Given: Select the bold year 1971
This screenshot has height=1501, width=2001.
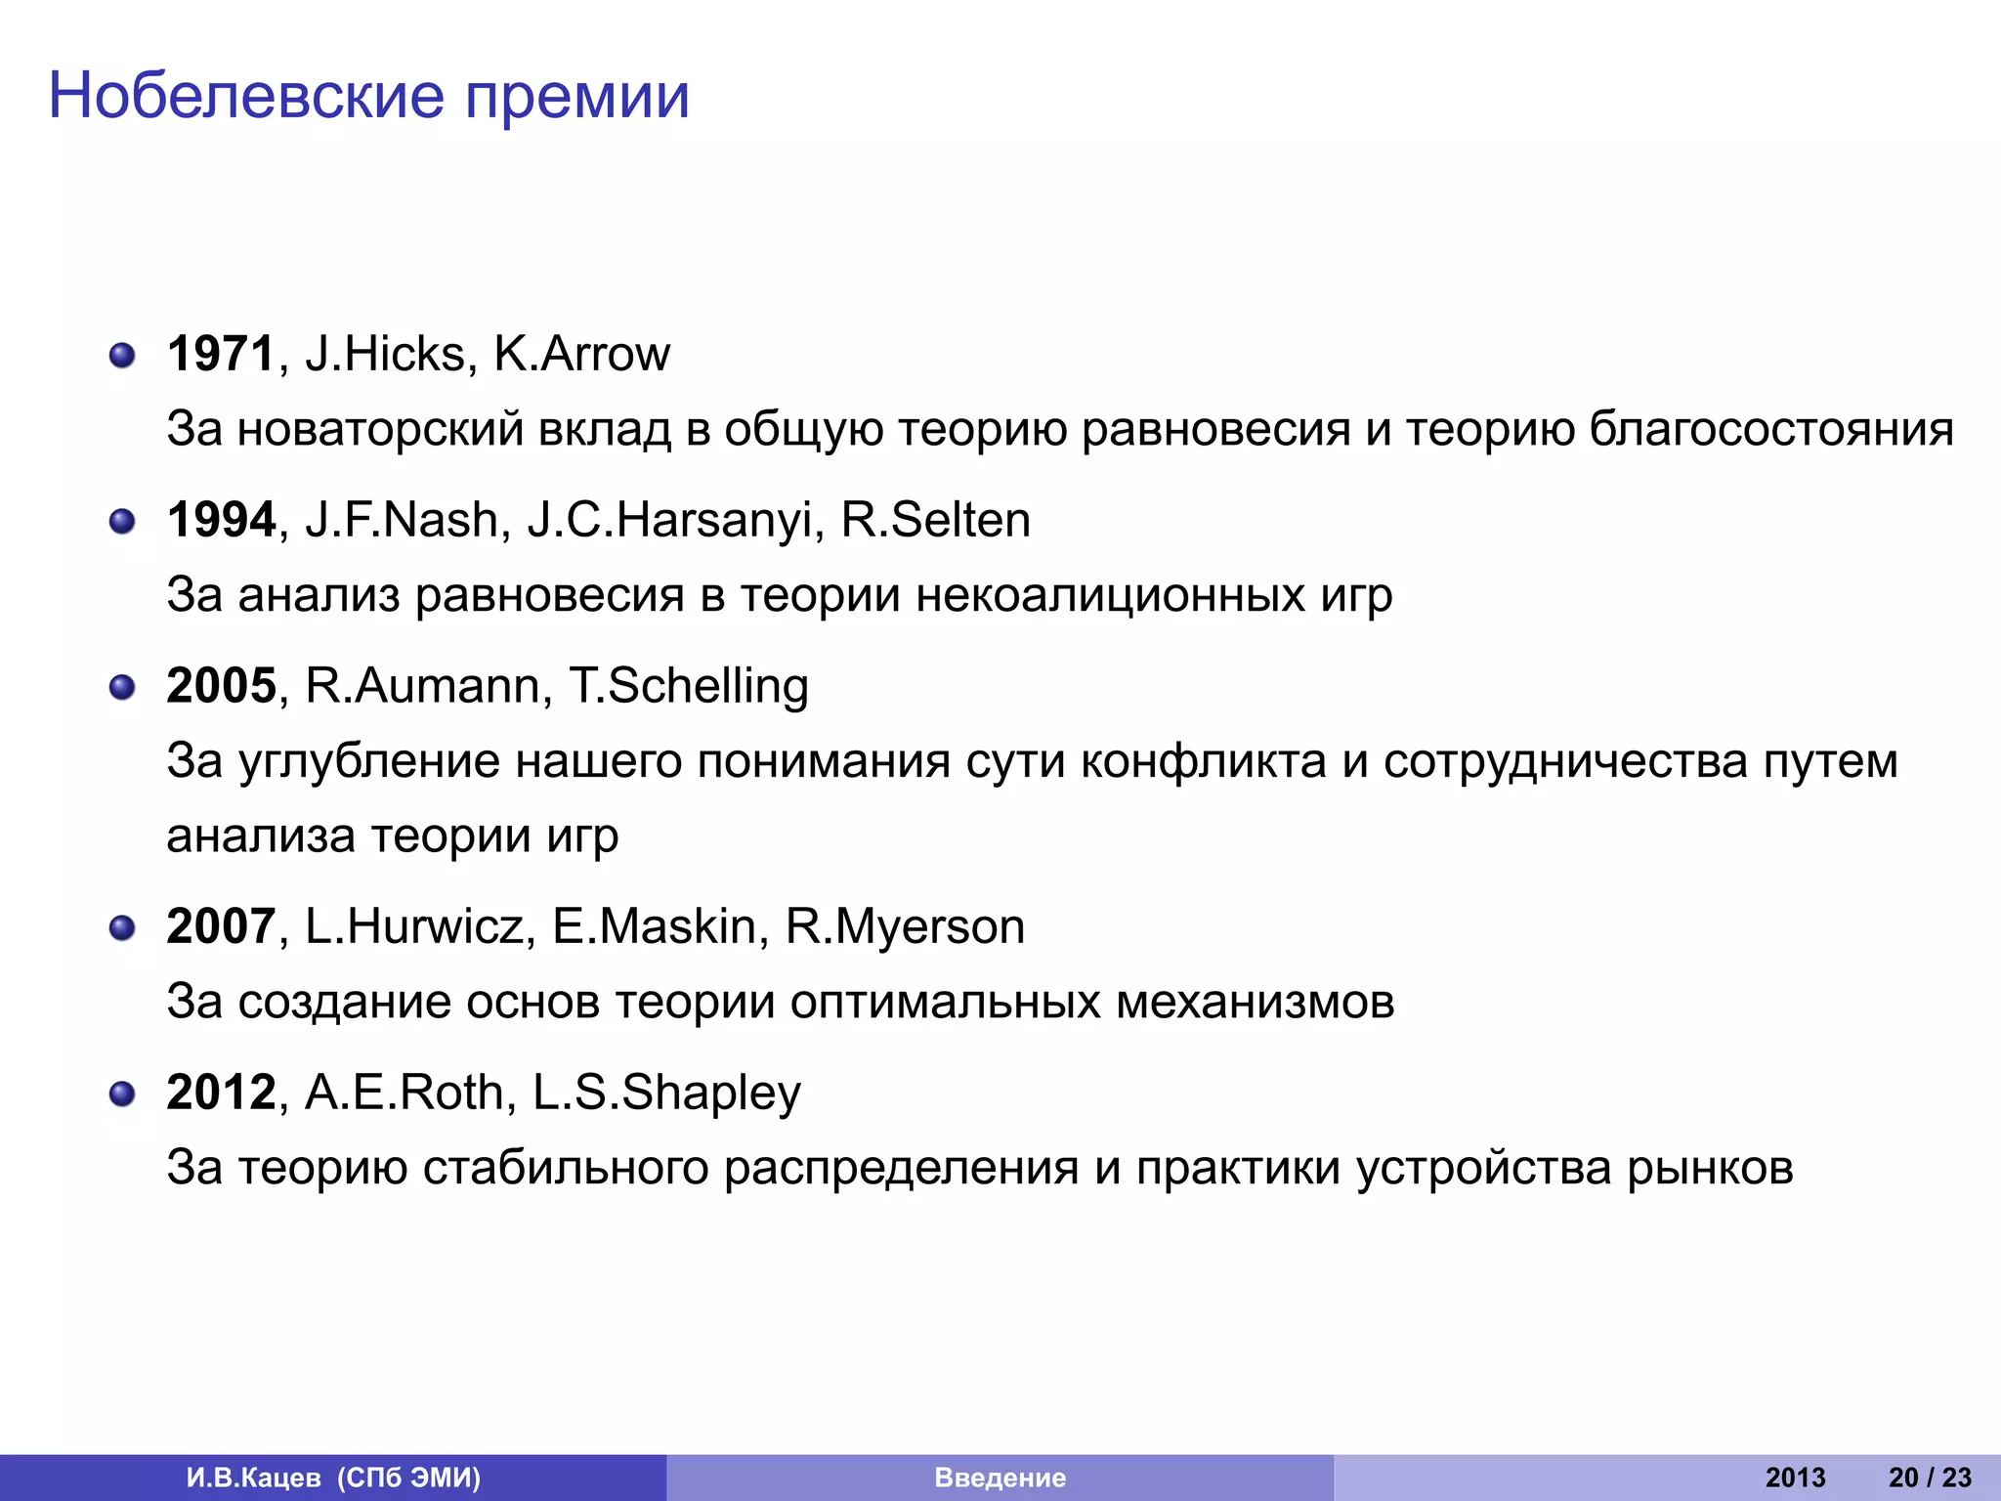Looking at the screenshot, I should [x=221, y=354].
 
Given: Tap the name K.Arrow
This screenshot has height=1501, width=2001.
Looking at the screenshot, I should [x=581, y=354].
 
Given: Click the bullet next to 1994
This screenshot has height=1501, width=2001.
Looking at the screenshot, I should [x=122, y=522].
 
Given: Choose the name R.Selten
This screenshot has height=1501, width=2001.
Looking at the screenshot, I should [x=935, y=520].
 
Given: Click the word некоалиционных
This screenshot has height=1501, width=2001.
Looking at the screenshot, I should [x=1110, y=595].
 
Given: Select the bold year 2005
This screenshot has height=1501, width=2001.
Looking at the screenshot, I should [x=222, y=686].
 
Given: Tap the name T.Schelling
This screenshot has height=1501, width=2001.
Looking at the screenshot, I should [x=688, y=686].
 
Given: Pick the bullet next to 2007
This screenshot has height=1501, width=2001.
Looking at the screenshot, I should [x=122, y=927].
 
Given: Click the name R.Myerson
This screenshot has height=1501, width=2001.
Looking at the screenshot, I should [x=905, y=926].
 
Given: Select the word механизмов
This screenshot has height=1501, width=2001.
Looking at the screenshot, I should [x=1255, y=1002].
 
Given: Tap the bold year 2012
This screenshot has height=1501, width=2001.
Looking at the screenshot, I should [x=222, y=1093].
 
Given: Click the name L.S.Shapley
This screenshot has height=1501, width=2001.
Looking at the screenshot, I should [x=666, y=1093].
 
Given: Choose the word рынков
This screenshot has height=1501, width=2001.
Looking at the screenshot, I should [x=1710, y=1168].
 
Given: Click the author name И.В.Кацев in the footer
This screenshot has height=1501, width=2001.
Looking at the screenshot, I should [x=253, y=1478].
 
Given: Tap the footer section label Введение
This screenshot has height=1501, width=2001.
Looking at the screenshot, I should [x=1000, y=1478].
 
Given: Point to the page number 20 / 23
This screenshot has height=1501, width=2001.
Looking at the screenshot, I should [x=1930, y=1478].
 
